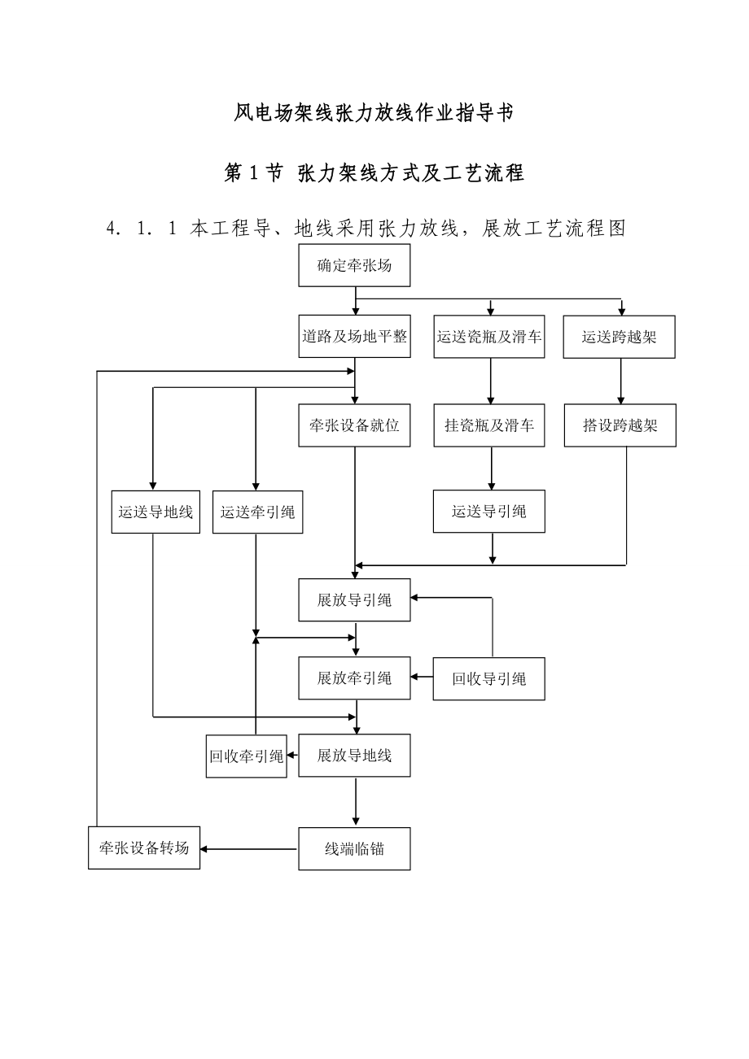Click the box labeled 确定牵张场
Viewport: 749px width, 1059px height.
click(354, 265)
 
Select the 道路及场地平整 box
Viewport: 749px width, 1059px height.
click(354, 336)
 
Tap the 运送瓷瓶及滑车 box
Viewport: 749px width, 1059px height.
click(489, 336)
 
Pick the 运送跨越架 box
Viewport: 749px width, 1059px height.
click(620, 336)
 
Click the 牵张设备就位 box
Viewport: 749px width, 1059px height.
click(354, 425)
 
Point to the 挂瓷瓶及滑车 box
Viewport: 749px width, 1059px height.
click(489, 425)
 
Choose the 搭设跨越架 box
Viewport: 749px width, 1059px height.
click(620, 425)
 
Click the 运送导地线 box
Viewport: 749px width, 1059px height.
click(155, 512)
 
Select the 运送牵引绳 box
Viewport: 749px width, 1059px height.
click(257, 512)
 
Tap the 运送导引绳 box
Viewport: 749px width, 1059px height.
click(489, 512)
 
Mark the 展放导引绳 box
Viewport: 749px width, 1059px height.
click(354, 600)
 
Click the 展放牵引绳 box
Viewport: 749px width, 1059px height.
click(354, 678)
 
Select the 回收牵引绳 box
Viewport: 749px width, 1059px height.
click(246, 756)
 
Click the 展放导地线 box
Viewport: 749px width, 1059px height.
click(354, 756)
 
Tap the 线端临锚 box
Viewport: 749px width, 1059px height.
click(354, 849)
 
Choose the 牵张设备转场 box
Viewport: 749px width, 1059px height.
click(144, 848)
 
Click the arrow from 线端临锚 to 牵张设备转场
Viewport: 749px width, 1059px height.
click(249, 849)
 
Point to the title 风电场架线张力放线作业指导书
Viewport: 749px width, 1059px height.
click(374, 113)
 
